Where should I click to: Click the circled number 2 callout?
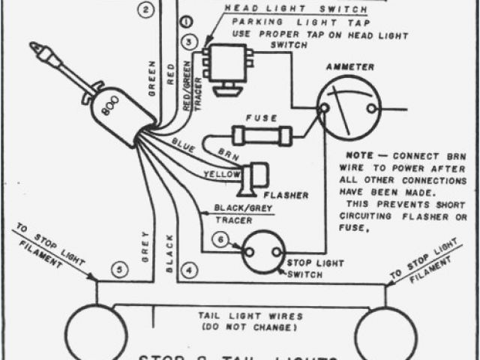[147, 10]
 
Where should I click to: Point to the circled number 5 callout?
[116, 268]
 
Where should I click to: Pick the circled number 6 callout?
[220, 240]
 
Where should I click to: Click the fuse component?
[262, 136]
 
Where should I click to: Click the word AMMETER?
[349, 67]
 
